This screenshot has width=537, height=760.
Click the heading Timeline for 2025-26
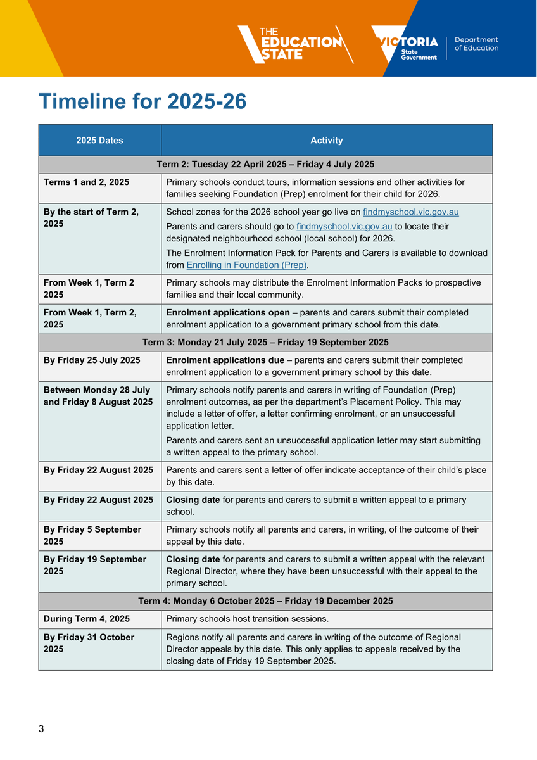click(x=142, y=101)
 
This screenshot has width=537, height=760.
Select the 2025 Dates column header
click(x=99, y=141)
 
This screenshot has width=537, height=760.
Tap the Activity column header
click(x=326, y=141)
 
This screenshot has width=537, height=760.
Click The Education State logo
click(x=295, y=44)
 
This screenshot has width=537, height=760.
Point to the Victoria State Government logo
click(x=405, y=44)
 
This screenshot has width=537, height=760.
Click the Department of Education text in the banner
click(x=476, y=44)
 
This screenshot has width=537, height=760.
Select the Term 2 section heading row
click(x=265, y=165)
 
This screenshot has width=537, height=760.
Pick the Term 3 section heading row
click(x=265, y=343)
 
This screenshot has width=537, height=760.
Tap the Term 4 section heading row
click(x=265, y=601)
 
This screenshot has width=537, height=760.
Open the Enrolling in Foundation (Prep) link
click(x=246, y=265)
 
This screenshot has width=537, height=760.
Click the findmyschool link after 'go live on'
click(x=410, y=212)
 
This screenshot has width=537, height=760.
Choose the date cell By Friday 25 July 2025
click(x=92, y=360)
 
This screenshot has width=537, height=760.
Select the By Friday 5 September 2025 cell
click(x=92, y=535)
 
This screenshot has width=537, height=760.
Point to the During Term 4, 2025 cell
click(x=87, y=619)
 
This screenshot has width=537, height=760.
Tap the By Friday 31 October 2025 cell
click(x=89, y=643)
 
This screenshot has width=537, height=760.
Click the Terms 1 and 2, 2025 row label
click(x=86, y=182)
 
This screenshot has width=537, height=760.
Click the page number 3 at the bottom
click(x=41, y=729)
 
